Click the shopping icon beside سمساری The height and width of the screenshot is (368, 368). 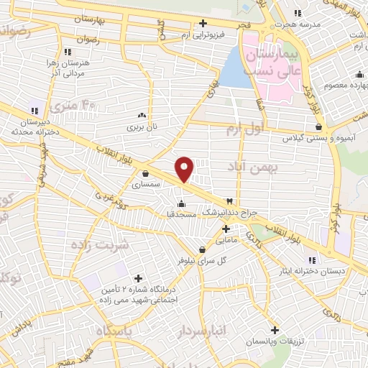click(x=146, y=172)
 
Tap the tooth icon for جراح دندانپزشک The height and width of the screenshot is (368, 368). click(x=229, y=201)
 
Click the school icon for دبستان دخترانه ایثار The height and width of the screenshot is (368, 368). click(x=311, y=260)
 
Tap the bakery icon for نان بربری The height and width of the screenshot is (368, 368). click(x=142, y=114)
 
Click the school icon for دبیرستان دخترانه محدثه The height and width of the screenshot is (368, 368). click(x=34, y=110)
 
